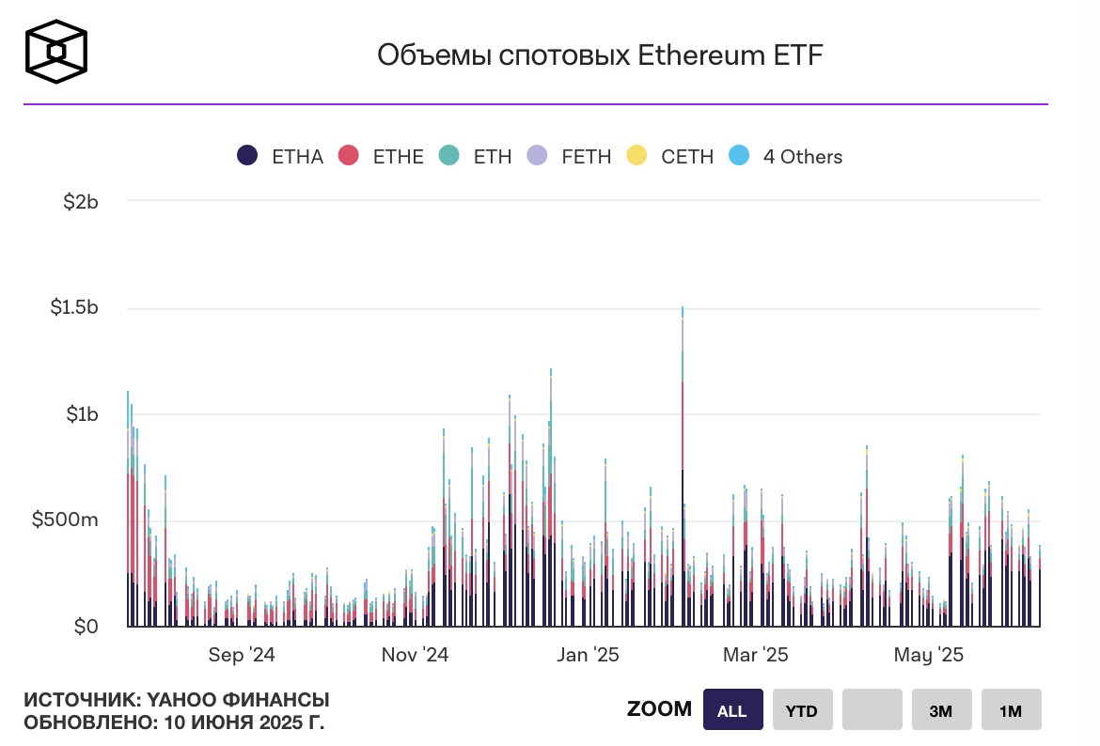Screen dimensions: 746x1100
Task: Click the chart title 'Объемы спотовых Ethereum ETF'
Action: coord(599,55)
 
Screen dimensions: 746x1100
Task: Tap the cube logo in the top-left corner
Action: coord(56,52)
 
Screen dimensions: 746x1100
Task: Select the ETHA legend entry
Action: coord(280,157)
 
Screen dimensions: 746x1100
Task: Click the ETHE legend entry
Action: coord(381,157)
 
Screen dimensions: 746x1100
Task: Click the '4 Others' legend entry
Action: coord(786,157)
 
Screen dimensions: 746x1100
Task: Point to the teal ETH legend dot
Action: coord(449,157)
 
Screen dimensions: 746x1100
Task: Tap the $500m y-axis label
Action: coord(66,521)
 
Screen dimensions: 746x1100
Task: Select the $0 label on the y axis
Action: coord(86,627)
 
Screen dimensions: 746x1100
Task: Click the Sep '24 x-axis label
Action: coord(242,655)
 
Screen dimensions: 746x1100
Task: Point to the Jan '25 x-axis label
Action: coord(588,655)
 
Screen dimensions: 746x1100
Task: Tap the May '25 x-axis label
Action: coord(929,655)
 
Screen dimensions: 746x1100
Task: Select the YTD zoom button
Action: coord(802,710)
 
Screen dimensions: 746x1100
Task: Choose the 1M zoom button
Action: coord(1011,710)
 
